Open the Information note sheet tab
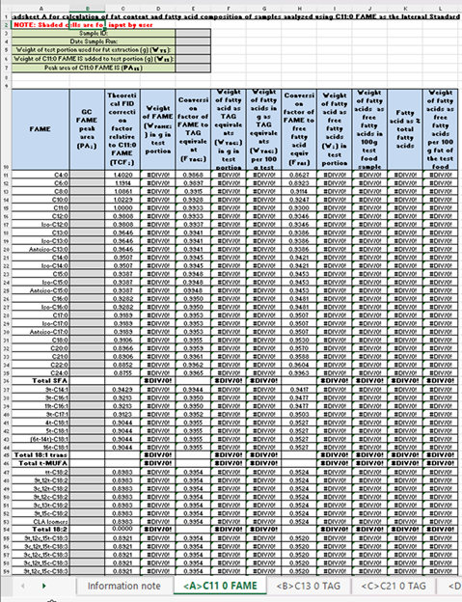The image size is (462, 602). [123, 586]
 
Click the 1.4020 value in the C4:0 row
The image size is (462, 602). [124, 174]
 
